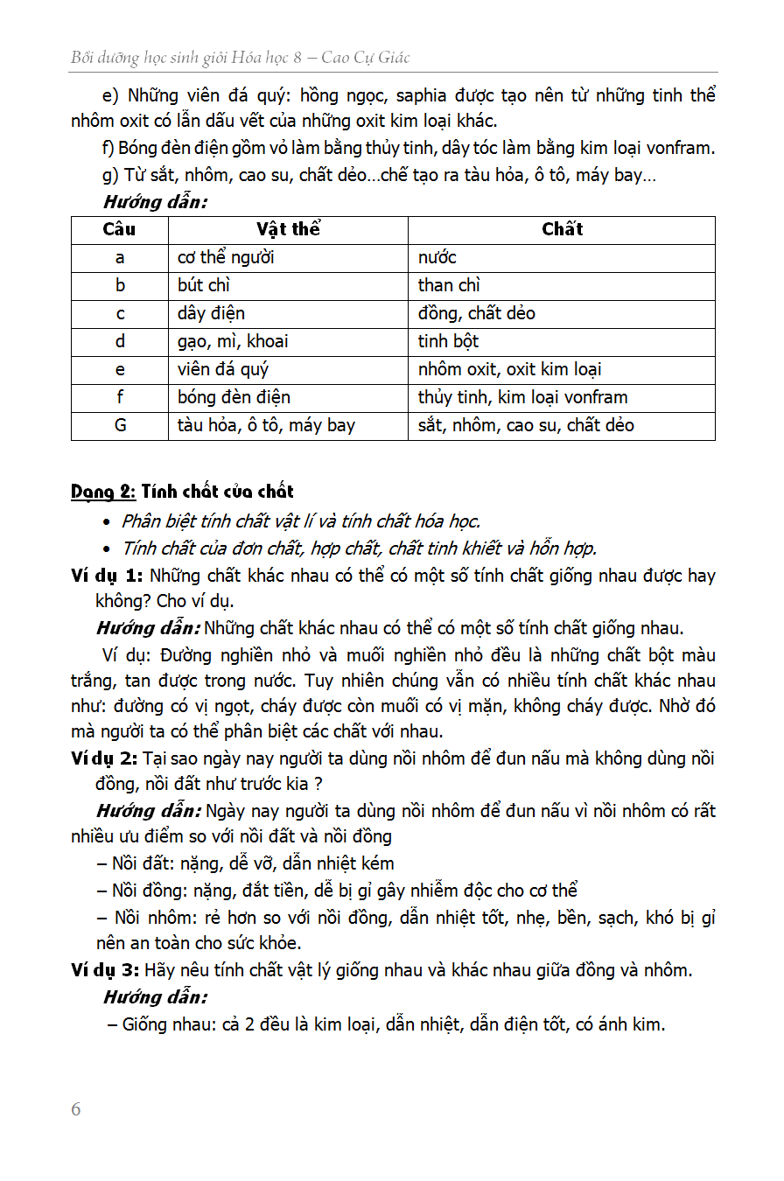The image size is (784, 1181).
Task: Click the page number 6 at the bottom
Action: point(76,1109)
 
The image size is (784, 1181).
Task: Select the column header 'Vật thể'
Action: point(288,229)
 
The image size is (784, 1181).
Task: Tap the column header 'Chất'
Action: point(562,229)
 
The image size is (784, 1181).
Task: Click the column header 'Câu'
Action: point(120,229)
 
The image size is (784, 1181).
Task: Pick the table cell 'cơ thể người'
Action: point(226,257)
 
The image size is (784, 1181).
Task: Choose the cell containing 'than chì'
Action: point(449,285)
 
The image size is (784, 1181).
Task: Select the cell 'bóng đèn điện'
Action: point(234,397)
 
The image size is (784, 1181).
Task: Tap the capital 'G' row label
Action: point(120,425)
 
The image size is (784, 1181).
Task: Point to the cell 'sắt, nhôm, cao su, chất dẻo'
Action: point(526,425)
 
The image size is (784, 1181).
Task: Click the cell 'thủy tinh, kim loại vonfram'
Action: point(522,397)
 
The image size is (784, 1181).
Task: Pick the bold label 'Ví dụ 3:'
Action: point(105,970)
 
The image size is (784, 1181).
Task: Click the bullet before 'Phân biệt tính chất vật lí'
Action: point(107,522)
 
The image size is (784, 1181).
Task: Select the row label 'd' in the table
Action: point(120,341)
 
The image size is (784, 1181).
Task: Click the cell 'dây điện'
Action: point(211,313)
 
